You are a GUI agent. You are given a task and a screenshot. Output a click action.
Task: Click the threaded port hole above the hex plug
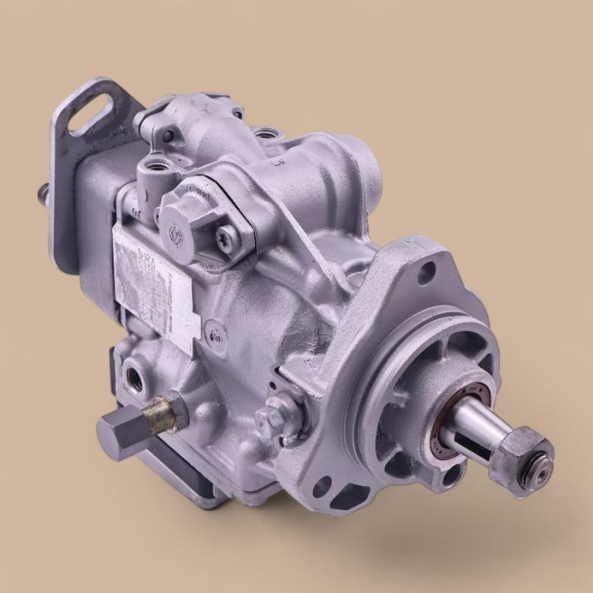tap(136, 372)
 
